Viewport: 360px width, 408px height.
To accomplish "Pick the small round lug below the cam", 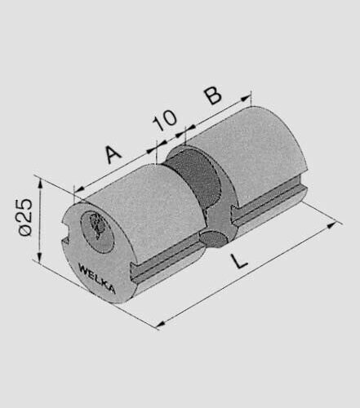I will pyautogui.click(x=211, y=238).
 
